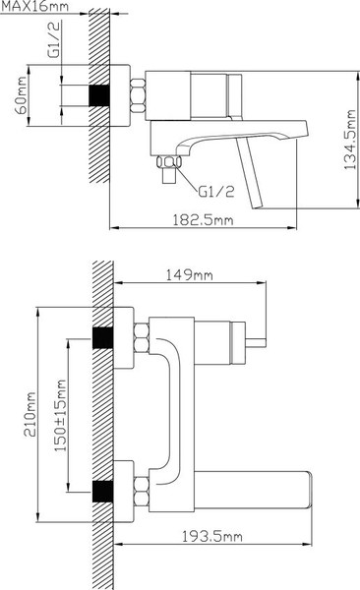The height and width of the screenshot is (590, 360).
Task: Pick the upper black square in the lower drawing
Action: pyautogui.click(x=101, y=337)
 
